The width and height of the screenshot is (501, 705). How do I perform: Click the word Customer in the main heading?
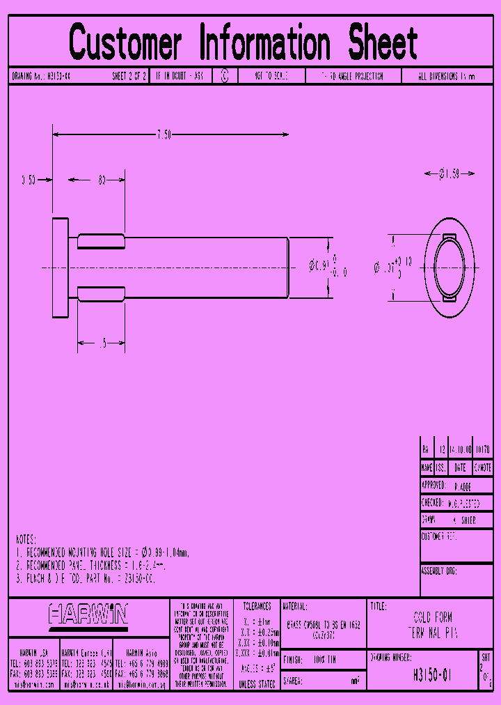(x=126, y=42)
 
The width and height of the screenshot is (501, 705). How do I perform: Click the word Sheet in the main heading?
(x=382, y=42)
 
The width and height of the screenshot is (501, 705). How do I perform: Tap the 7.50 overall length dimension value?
(x=164, y=134)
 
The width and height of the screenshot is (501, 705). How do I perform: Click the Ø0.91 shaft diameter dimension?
(x=319, y=265)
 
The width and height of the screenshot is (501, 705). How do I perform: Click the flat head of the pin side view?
(x=61, y=268)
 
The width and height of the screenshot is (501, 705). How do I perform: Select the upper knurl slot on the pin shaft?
(x=101, y=242)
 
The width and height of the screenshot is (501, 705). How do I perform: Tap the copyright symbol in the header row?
(x=224, y=77)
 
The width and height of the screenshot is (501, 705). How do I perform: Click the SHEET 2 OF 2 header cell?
(x=129, y=77)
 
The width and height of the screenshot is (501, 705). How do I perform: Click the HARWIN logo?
(x=88, y=614)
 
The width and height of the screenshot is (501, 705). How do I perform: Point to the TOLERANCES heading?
(x=257, y=607)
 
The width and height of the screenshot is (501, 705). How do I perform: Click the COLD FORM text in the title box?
(x=433, y=618)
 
